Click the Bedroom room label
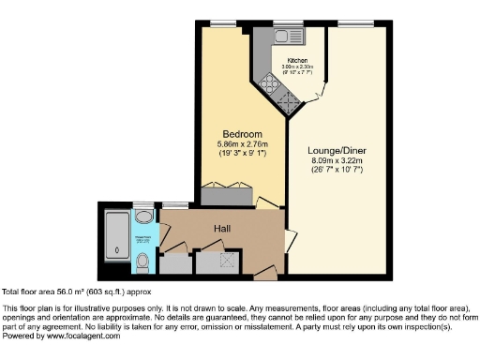coord(242,132)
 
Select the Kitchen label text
coord(298,58)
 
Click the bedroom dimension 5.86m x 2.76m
coord(242,143)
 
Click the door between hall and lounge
coord(289,242)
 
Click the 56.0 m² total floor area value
coord(71,292)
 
